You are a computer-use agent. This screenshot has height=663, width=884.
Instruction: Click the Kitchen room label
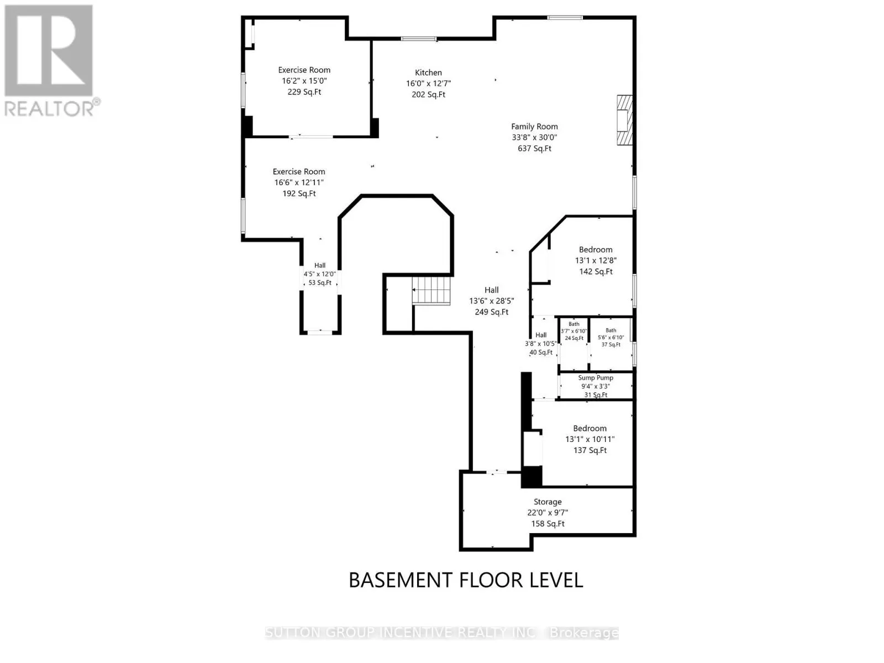tap(428, 72)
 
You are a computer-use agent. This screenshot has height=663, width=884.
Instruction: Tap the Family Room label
tap(534, 127)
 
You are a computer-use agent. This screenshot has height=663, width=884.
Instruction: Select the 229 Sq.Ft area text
tap(304, 92)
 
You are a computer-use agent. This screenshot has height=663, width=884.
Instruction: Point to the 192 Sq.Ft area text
tap(299, 193)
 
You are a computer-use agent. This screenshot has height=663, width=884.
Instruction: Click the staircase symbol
tap(430, 290)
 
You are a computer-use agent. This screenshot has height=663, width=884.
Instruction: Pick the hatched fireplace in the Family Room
tap(624, 119)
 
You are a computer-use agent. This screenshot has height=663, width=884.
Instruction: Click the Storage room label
tap(548, 502)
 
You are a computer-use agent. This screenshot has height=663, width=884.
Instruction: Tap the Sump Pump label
tap(595, 377)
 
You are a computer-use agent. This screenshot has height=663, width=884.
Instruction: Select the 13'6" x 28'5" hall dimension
tap(491, 301)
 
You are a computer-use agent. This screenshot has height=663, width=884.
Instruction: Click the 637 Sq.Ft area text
tap(534, 148)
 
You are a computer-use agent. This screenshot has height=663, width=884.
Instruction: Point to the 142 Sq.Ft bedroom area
tap(596, 271)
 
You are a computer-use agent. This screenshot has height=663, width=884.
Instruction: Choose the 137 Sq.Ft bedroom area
tap(590, 450)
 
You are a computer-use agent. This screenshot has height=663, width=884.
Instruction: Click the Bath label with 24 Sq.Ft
tap(574, 324)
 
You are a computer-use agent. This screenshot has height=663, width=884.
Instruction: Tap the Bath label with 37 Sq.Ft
tap(611, 330)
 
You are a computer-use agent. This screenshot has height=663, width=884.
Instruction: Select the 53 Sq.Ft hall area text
tap(320, 282)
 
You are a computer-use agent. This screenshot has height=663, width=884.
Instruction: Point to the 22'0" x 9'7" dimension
tap(548, 513)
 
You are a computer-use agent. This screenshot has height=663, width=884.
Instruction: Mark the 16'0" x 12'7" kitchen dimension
tap(428, 83)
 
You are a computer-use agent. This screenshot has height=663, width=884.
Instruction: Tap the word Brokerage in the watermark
tap(583, 633)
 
